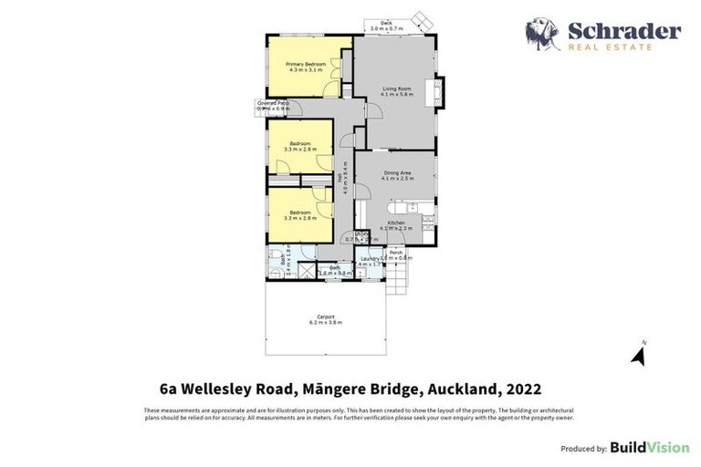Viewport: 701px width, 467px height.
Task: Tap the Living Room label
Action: [x=395, y=89]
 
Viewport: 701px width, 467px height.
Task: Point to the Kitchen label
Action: [x=396, y=223]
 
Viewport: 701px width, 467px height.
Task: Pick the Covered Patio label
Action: [x=273, y=103]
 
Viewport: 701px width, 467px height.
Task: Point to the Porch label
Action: [x=395, y=252]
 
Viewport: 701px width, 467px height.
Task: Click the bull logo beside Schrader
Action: [x=543, y=35]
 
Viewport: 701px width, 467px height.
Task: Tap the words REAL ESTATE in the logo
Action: [x=611, y=46]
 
